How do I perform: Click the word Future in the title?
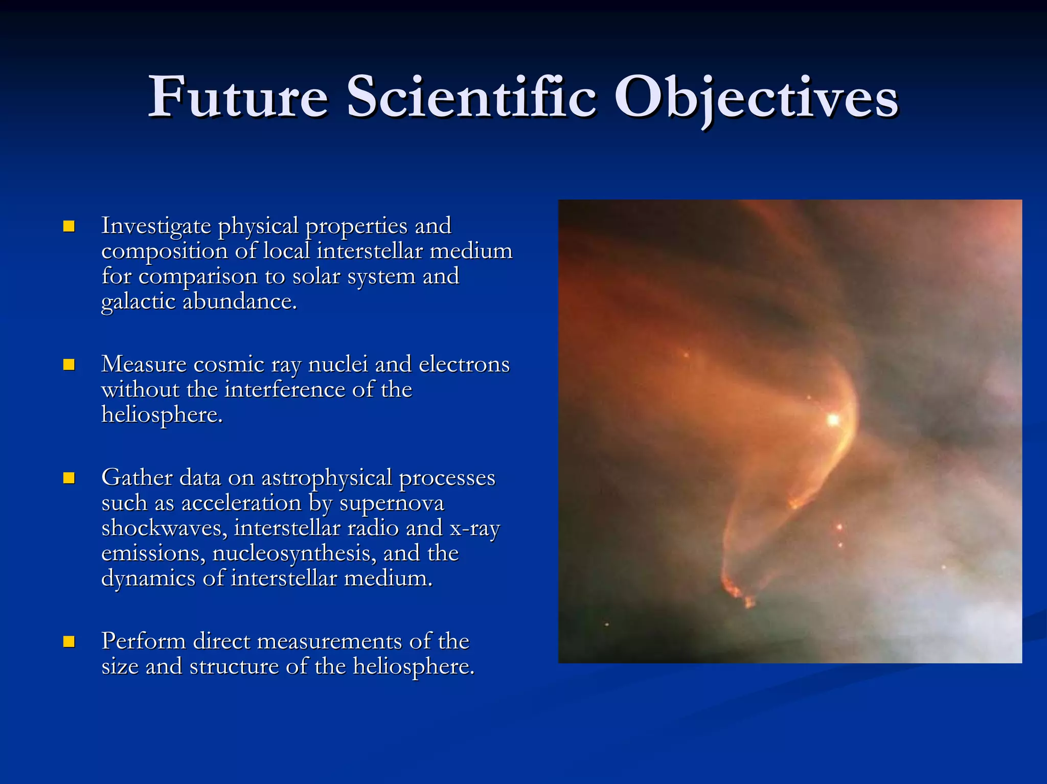pyautogui.click(x=238, y=97)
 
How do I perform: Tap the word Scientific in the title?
pyautogui.click(x=471, y=97)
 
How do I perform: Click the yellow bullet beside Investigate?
pyautogui.click(x=69, y=226)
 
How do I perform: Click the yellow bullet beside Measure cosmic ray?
pyautogui.click(x=69, y=364)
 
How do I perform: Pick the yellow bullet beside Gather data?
pyautogui.click(x=69, y=478)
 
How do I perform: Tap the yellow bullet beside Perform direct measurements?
pyautogui.click(x=69, y=641)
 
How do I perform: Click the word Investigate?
pyautogui.click(x=156, y=226)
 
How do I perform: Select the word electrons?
pyautogui.click(x=464, y=364)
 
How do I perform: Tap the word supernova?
pyautogui.click(x=392, y=503)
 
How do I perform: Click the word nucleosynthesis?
pyautogui.click(x=293, y=554)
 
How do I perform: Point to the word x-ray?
pyautogui.click(x=474, y=528)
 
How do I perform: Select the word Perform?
pyautogui.click(x=143, y=641)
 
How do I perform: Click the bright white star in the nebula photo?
pyautogui.click(x=833, y=420)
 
